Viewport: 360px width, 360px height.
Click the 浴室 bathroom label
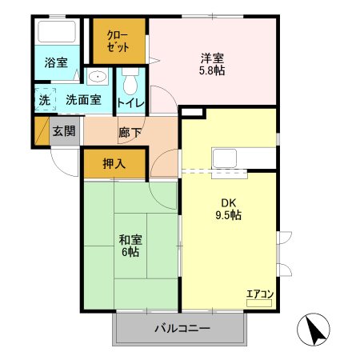click(55, 61)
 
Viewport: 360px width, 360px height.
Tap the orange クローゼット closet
click(118, 42)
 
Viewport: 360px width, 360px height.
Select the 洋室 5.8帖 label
click(212, 63)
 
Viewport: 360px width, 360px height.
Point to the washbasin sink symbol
click(98, 78)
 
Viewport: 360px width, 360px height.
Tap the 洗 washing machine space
click(44, 100)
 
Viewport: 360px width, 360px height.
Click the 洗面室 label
click(83, 101)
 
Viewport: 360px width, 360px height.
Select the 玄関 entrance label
click(64, 130)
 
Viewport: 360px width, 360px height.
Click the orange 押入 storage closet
click(114, 164)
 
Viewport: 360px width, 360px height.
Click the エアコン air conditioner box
click(260, 294)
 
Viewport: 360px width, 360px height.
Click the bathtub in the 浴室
click(56, 33)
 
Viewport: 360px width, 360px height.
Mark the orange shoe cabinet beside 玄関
click(41, 131)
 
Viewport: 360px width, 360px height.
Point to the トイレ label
click(130, 102)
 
